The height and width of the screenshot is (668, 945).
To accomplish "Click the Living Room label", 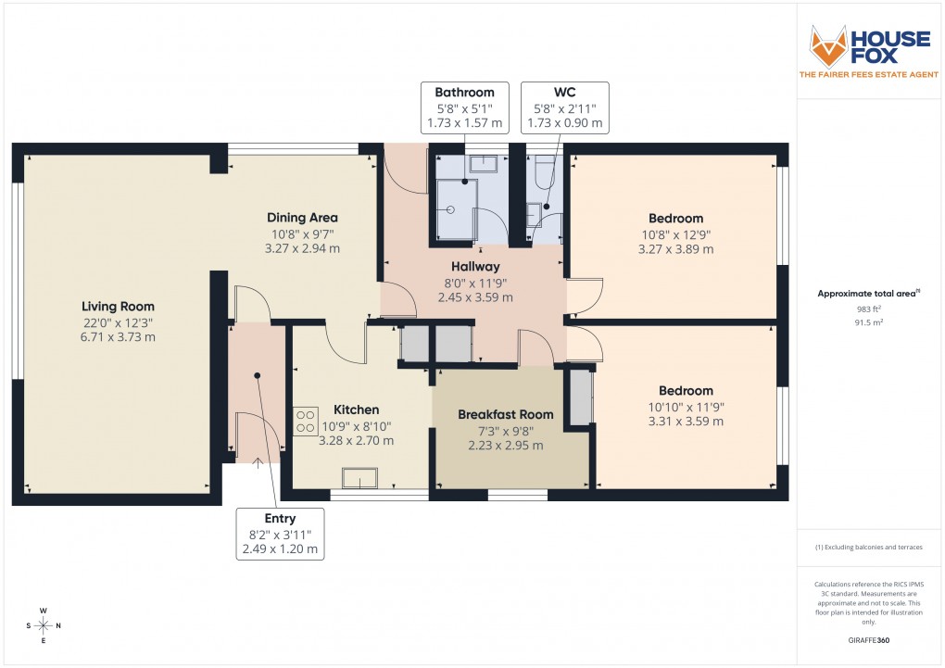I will coord(118,307).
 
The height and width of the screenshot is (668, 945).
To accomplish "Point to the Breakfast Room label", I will coord(505,414).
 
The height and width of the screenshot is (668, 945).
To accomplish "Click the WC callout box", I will coord(564,107).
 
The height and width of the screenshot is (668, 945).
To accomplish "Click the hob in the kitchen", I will coord(306,422).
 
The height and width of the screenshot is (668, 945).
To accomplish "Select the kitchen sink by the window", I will coord(359,478).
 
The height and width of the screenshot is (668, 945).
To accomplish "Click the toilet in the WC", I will coord(543,171).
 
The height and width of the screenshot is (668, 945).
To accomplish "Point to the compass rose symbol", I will coord(43,625).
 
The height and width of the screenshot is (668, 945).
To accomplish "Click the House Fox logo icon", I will coord(829,47).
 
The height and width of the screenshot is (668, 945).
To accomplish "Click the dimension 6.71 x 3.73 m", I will coord(118,337).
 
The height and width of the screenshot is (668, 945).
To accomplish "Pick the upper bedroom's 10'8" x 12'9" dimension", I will coord(675,234).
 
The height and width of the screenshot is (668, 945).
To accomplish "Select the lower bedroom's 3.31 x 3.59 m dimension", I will coord(686,422).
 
